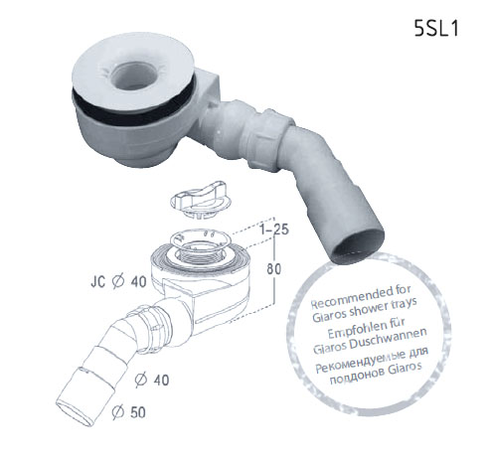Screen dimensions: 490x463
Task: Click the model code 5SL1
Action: coord(436,28)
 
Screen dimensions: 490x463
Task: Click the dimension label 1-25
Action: coord(274,230)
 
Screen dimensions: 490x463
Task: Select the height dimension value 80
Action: coord(274,269)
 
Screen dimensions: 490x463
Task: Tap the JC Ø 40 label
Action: coord(118,282)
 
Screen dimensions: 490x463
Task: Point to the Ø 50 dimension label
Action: coord(129,412)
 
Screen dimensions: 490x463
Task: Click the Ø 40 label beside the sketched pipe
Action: coord(152,380)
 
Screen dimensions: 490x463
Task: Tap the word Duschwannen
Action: coord(390,339)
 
